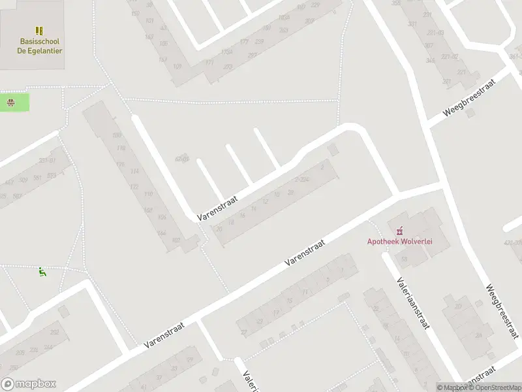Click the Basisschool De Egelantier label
[40, 46]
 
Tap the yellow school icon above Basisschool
[40, 31]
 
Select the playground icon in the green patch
[10, 102]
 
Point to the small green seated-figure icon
[42, 272]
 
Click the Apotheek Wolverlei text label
[400, 241]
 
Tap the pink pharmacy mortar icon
[400, 229]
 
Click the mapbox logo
[29, 384]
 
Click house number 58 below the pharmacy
[405, 259]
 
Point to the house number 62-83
[182, 159]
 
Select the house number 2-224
[301, 179]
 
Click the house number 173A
[226, 52]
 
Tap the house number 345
[429, 61]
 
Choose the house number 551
[38, 176]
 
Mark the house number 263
[284, 30]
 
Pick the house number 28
[290, 191]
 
